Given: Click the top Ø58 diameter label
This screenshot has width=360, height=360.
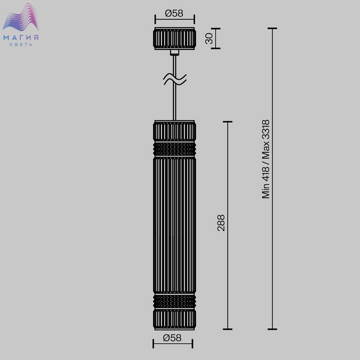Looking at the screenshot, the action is tap(174, 13).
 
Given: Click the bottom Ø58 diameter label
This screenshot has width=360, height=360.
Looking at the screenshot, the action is tap(172, 338).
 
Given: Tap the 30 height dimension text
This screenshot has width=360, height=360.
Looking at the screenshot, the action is tap(209, 39).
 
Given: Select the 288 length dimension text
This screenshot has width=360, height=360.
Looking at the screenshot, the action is tap(221, 223).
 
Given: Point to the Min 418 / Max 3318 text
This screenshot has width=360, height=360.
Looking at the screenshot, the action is tap(266, 159).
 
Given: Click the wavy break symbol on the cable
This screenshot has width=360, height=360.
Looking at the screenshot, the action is tap(175, 79).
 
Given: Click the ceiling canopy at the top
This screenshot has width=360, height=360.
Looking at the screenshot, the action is tap(174, 39).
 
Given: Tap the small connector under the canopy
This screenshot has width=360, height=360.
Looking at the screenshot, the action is tap(174, 52).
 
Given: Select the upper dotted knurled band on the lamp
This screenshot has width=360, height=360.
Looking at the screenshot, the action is tap(174, 149).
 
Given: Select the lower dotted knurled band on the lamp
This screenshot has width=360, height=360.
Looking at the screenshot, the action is tap(174, 301).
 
